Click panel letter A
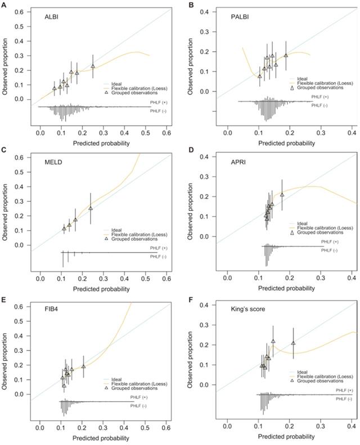[x=4, y=5]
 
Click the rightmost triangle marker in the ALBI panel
[x=93, y=66]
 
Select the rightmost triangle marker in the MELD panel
[x=91, y=208]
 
